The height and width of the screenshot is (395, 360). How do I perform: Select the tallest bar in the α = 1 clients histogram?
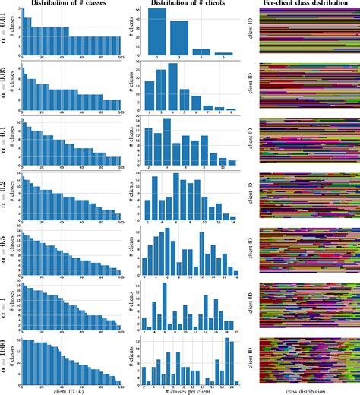(165, 307)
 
